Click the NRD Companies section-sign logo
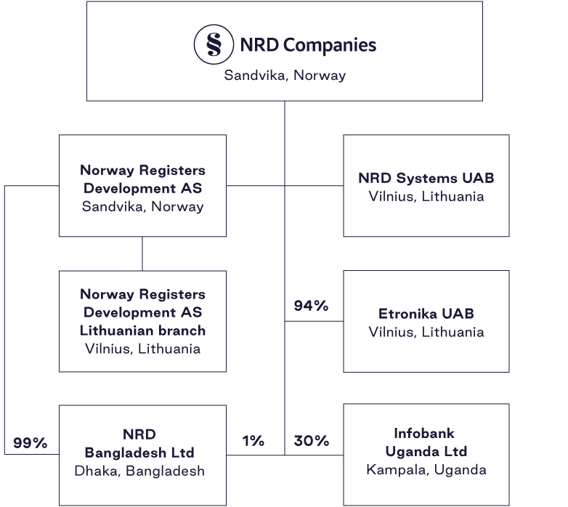pyautogui.click(x=214, y=45)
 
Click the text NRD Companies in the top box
pyautogui.click(x=308, y=46)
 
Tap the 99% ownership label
pyautogui.click(x=30, y=442)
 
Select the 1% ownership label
pyautogui.click(x=253, y=441)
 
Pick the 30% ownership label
pyautogui.click(x=311, y=441)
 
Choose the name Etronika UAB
pyautogui.click(x=426, y=315)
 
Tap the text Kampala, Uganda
pyautogui.click(x=426, y=469)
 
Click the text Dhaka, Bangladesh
pyautogui.click(x=139, y=471)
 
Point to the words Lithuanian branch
pyautogui.click(x=142, y=330)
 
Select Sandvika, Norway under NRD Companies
pyautogui.click(x=285, y=75)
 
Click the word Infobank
pyautogui.click(x=424, y=434)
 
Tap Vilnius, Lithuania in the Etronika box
pyautogui.click(x=426, y=332)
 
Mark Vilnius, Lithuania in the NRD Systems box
pyautogui.click(x=426, y=196)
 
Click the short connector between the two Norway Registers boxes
pyautogui.click(x=142, y=253)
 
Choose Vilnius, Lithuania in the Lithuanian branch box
pyautogui.click(x=142, y=349)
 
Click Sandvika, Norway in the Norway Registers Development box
pyautogui.click(x=142, y=206)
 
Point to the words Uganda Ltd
pyautogui.click(x=426, y=452)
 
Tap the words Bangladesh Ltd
pyautogui.click(x=139, y=453)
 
